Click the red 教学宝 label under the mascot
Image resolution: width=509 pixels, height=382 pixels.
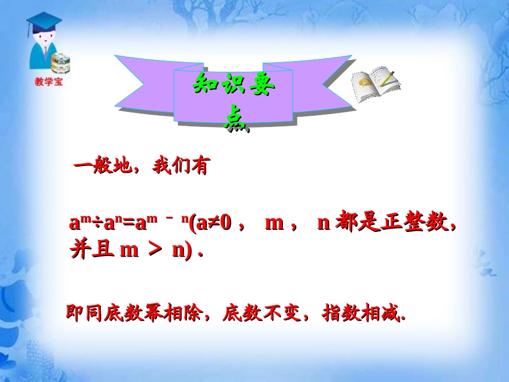(x=48, y=82)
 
